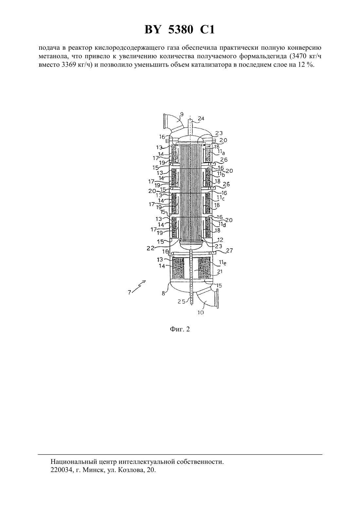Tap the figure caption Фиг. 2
pyautogui.click(x=180, y=329)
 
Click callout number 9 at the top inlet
pyautogui.click(x=182, y=114)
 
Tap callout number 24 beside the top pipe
pyautogui.click(x=201, y=118)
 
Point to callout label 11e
pyautogui.click(x=223, y=263)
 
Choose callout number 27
pyautogui.click(x=229, y=250)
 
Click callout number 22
pyautogui.click(x=151, y=248)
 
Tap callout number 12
pyautogui.click(x=220, y=240)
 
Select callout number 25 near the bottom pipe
pyautogui.click(x=182, y=302)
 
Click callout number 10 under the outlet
pyautogui.click(x=201, y=313)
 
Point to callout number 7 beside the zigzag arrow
pyautogui.click(x=129, y=292)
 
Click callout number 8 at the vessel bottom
pyautogui.click(x=163, y=293)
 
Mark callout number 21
pyautogui.click(x=220, y=272)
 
